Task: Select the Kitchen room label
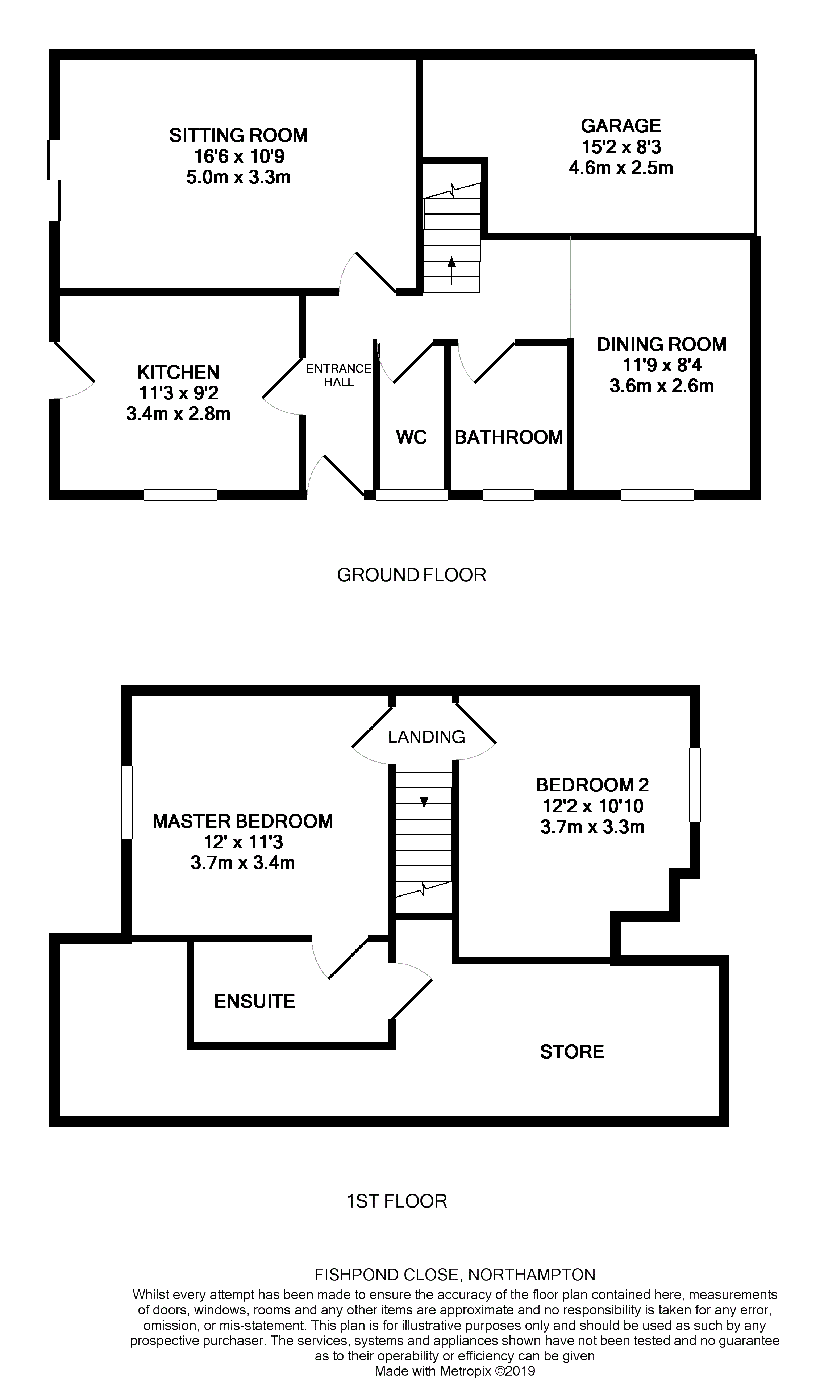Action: pyautogui.click(x=178, y=371)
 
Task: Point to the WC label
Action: pyautogui.click(x=411, y=437)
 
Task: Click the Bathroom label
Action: pyautogui.click(x=509, y=437)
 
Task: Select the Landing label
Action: pyautogui.click(x=426, y=737)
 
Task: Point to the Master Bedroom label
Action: pyautogui.click(x=243, y=821)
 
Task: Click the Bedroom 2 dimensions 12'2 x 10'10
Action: pyautogui.click(x=592, y=806)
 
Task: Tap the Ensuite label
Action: pyautogui.click(x=254, y=1001)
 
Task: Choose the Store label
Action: pyautogui.click(x=572, y=1051)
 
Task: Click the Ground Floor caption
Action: pyautogui.click(x=411, y=575)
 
